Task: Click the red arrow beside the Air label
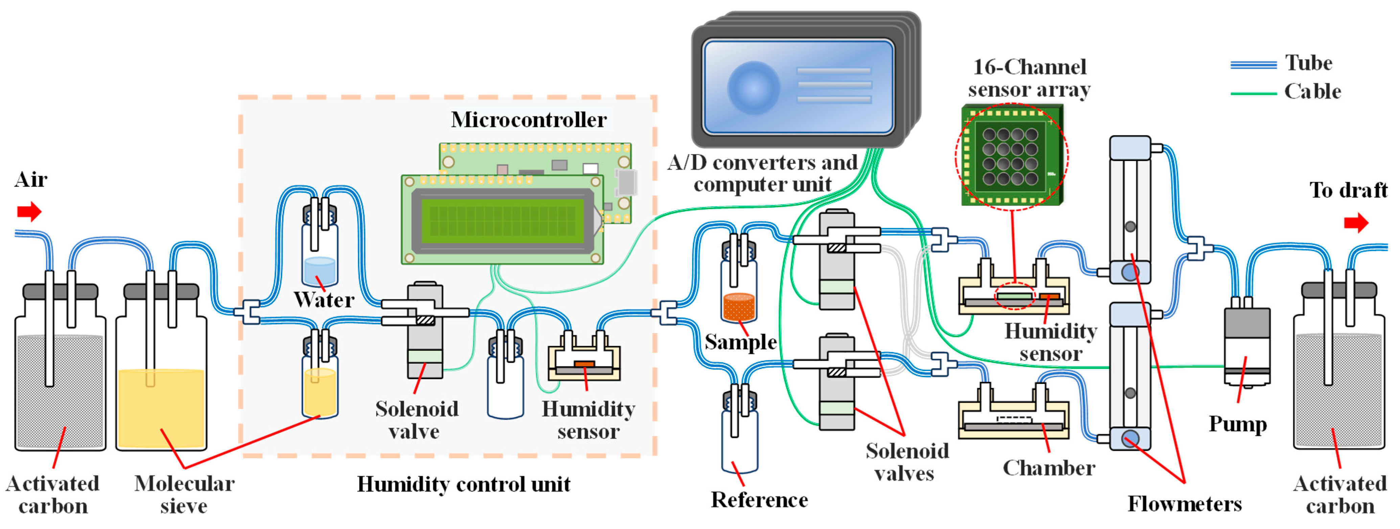(29, 211)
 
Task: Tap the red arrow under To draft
(1355, 222)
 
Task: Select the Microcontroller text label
(528, 120)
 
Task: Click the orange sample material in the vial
(739, 307)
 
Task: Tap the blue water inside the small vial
(320, 270)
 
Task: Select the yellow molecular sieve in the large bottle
(161, 408)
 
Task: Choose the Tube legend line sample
(1253, 65)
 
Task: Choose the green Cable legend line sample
(1253, 93)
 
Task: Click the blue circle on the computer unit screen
(753, 88)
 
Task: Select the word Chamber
(1048, 467)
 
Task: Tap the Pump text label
(1238, 424)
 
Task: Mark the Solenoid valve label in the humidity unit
(416, 420)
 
